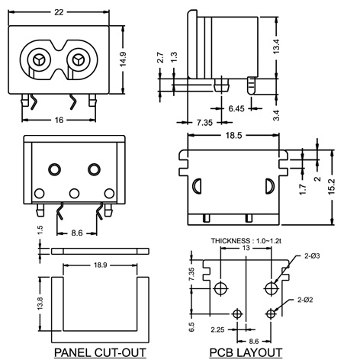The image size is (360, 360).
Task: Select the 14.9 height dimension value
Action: (x=133, y=59)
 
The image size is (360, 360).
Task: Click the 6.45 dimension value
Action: (x=237, y=110)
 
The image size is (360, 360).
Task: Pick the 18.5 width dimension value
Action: (x=233, y=135)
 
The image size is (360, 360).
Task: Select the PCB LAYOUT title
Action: (x=245, y=352)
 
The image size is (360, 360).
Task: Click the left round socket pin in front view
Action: (x=37, y=59)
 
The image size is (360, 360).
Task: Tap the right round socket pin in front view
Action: (x=76, y=59)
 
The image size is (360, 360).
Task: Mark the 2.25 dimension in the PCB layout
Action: (x=217, y=330)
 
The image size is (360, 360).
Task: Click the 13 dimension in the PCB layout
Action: (x=245, y=248)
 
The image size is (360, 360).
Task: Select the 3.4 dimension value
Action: (x=278, y=114)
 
